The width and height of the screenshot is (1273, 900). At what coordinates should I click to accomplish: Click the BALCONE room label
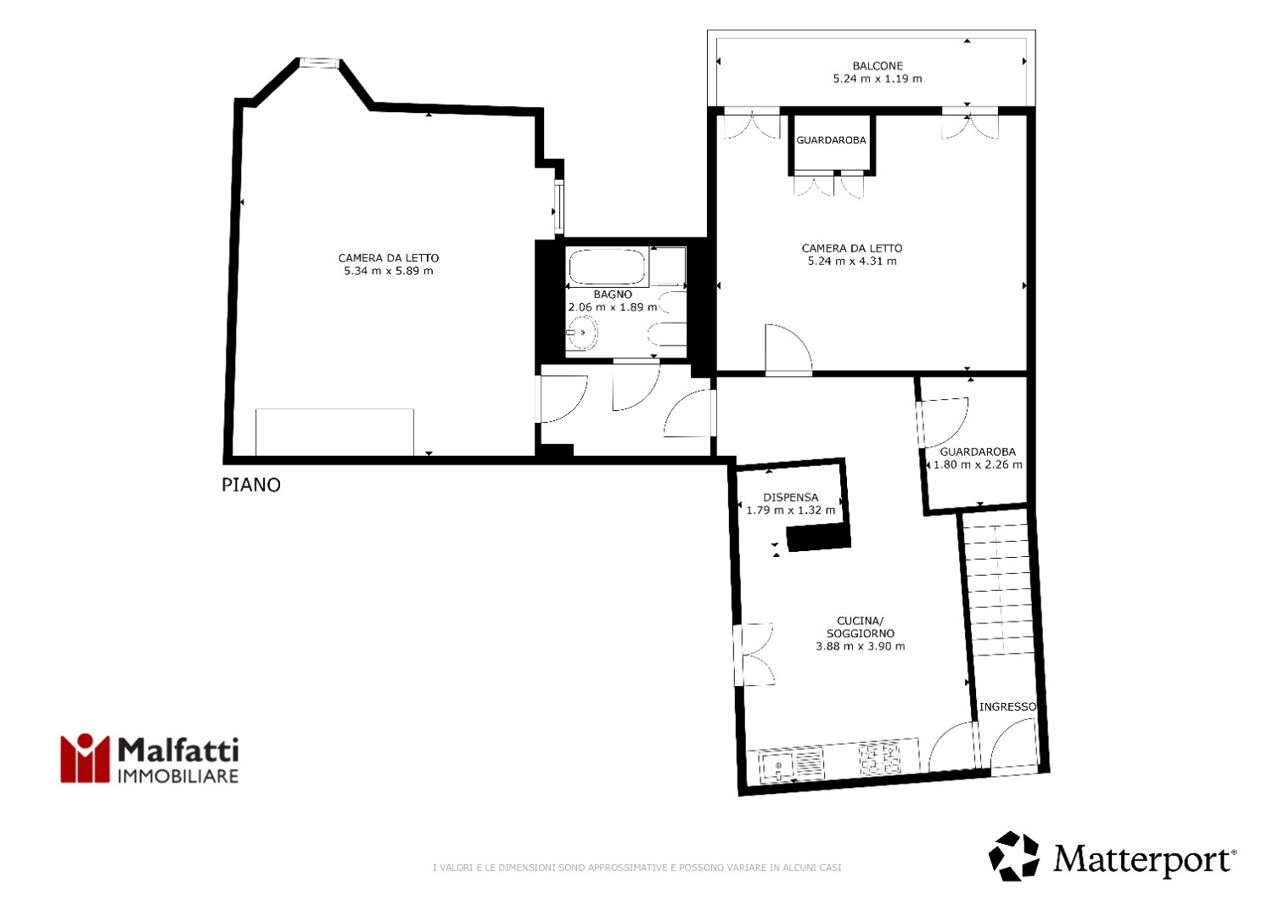pos(878,66)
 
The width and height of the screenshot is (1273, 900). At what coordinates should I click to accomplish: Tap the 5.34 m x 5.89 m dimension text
pos(389,271)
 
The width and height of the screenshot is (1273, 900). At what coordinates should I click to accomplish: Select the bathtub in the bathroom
pos(608,267)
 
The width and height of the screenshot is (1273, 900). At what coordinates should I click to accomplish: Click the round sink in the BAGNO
pos(582,333)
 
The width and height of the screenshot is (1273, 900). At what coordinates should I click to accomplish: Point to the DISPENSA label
pos(790,498)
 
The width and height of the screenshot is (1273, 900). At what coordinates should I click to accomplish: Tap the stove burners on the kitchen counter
pos(879,758)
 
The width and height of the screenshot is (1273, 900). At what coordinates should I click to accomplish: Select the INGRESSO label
pos(1007,706)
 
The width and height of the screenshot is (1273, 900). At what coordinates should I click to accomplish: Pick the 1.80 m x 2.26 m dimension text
pos(978,464)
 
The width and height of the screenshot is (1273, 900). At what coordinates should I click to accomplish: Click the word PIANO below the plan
pos(251,485)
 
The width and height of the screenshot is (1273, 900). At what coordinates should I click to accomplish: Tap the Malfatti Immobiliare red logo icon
pos(85,758)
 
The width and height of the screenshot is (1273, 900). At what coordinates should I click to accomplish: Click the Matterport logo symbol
pos(1014,856)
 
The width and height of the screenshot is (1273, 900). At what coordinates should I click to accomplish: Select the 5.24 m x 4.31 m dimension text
pos(852,261)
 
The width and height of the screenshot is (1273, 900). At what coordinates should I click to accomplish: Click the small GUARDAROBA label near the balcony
pos(831,140)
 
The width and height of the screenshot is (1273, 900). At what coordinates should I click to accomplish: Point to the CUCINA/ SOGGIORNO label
pos(861,627)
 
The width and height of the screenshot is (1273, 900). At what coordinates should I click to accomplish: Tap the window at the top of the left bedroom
pos(319,63)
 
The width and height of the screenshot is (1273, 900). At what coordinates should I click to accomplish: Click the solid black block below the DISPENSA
pos(818,537)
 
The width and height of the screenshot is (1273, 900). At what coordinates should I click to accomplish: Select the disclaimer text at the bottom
pos(637,868)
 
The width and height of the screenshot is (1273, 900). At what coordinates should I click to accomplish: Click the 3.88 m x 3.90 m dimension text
pos(861,646)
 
